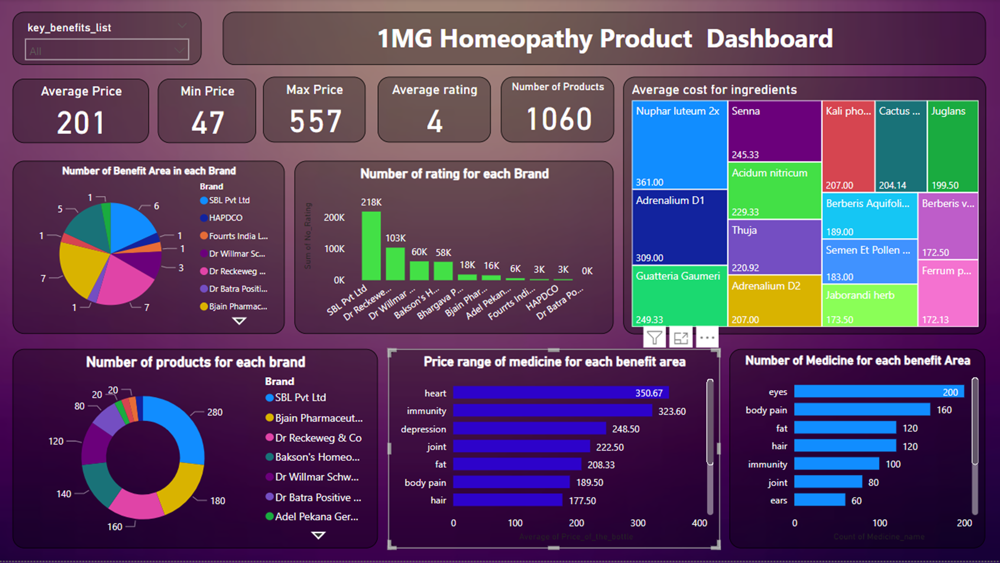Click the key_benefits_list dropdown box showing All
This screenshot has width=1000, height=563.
point(106,50)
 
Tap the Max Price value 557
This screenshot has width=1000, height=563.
point(315,121)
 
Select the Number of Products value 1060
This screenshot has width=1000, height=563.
point(559,119)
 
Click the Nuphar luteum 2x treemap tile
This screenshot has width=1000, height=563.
point(679,145)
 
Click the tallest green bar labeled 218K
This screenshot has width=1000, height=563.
point(371,245)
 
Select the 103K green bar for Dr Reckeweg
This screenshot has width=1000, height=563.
point(395,263)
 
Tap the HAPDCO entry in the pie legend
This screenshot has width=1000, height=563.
point(225,218)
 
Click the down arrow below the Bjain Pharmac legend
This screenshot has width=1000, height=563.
point(239,321)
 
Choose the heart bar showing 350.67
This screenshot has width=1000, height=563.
point(560,393)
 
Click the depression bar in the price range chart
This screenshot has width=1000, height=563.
point(529,429)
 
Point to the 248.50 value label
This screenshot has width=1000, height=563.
point(625,429)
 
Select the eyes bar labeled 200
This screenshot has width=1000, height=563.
point(878,392)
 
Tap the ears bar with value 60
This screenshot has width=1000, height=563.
point(819,500)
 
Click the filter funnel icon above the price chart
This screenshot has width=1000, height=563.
point(654,338)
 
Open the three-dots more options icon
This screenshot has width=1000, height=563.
point(707,338)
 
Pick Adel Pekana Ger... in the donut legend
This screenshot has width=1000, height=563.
point(316,516)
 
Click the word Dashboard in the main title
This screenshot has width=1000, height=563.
point(769,39)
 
